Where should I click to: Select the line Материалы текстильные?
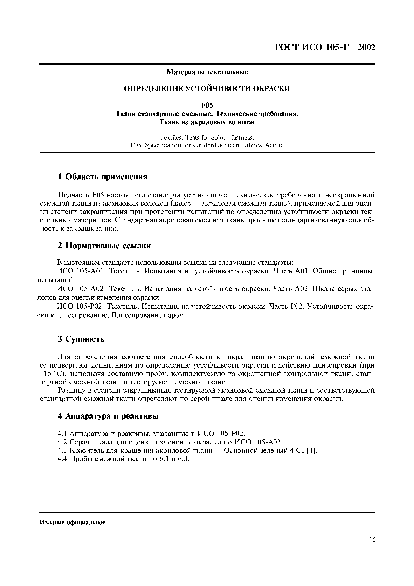[x=207, y=72]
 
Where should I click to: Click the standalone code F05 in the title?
[x=207, y=105]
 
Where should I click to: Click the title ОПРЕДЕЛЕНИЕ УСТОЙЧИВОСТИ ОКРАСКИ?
[x=207, y=89]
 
